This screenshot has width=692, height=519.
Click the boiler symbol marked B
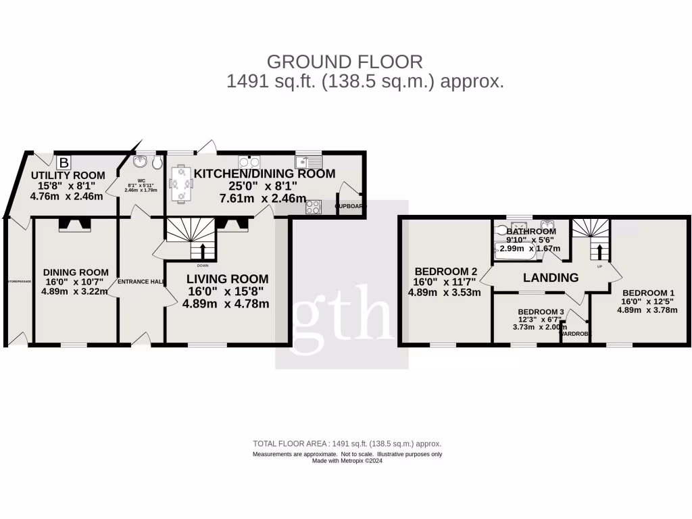pos(64,163)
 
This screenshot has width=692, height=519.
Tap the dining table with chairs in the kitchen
pos(180,184)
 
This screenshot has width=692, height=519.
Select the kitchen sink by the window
pos(310,162)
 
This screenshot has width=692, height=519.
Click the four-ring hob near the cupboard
pos(314,207)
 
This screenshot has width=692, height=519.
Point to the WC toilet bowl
pos(157,163)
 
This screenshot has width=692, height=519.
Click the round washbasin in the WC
pos(141,162)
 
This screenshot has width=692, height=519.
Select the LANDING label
pos(551,278)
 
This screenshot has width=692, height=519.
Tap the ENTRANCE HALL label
pos(141,282)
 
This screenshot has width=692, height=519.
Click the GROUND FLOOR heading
pos(345,62)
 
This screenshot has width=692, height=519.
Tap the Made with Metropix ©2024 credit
pos(347,461)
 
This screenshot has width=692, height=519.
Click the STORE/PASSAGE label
pos(18,282)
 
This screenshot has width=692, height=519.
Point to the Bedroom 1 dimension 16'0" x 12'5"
pos(645,302)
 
